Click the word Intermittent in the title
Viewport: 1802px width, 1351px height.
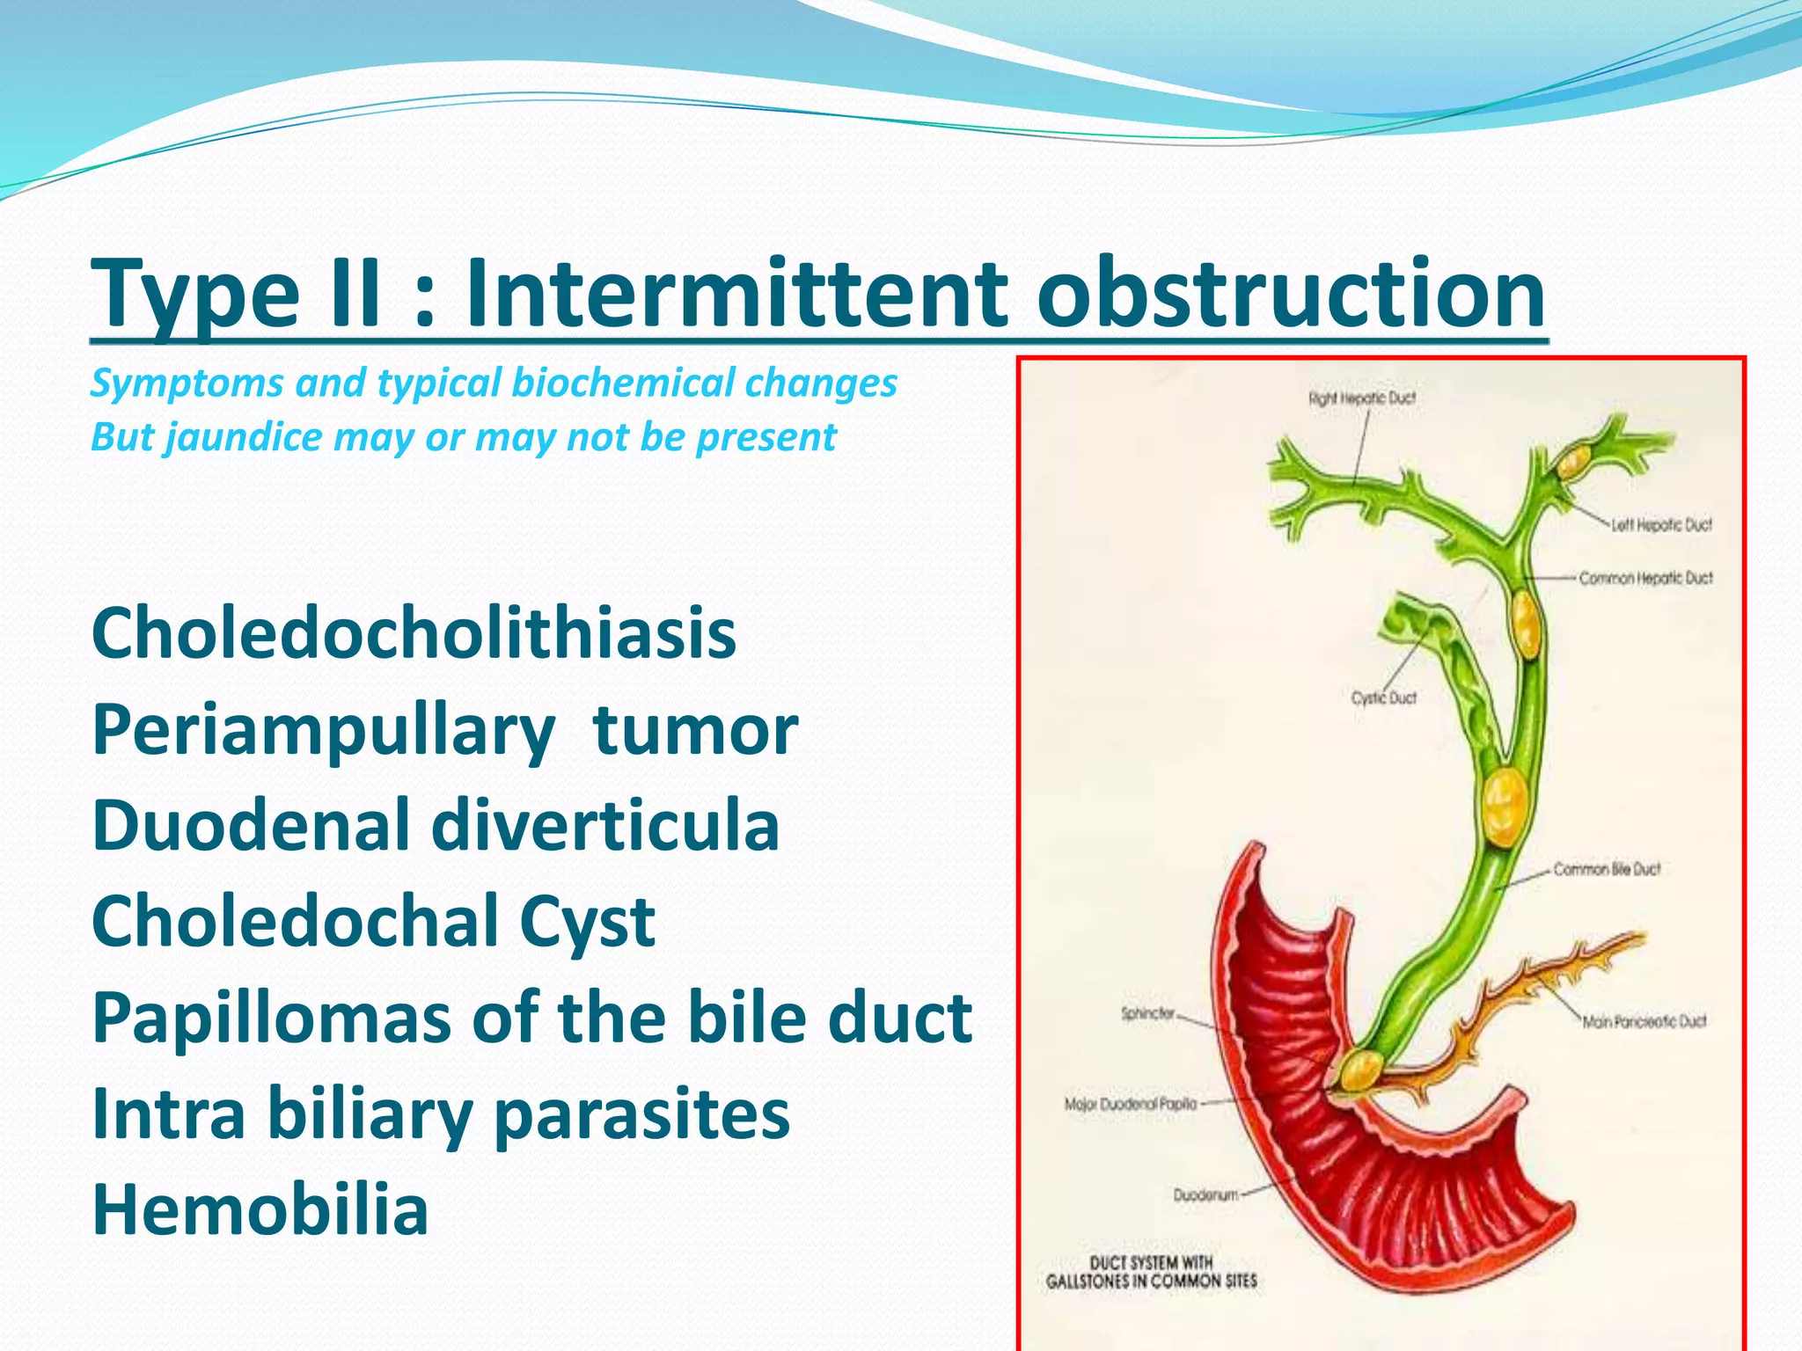click(736, 292)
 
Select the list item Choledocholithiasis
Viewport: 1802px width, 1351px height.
click(414, 633)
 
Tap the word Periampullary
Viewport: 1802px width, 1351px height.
click(323, 732)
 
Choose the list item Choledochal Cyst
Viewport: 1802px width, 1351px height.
click(373, 922)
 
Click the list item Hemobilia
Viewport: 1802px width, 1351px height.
click(260, 1210)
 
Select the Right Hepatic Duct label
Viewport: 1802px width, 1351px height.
click(1362, 398)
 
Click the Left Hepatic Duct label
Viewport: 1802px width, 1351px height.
click(1661, 525)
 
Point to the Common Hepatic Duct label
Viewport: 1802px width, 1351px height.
click(1645, 578)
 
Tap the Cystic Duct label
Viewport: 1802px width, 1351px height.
click(1384, 697)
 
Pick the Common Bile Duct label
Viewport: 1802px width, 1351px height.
click(1606, 869)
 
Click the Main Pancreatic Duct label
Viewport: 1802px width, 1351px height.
click(1644, 1021)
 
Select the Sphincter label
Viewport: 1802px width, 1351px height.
click(1147, 1013)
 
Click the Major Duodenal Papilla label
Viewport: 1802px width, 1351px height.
click(1131, 1104)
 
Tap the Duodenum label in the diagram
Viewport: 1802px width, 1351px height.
click(1205, 1194)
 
